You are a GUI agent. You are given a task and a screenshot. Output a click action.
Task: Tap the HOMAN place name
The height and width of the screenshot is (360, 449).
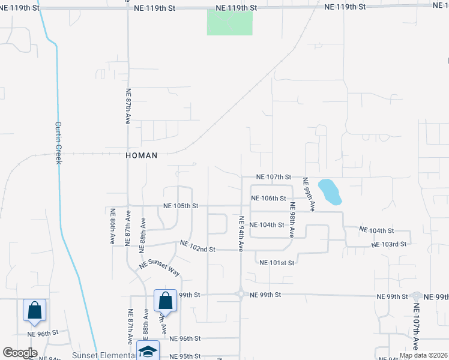[142, 155]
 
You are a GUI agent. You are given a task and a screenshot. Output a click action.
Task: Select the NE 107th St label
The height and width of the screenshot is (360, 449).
[273, 178]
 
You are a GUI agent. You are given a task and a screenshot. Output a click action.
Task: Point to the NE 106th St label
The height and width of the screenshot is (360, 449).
[268, 198]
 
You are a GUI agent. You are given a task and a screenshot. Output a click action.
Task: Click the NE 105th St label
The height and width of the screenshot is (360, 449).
[181, 206]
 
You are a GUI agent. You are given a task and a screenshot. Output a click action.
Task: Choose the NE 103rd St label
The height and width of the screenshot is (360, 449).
[389, 244]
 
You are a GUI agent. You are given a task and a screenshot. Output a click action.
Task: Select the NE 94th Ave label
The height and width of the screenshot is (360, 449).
[241, 234]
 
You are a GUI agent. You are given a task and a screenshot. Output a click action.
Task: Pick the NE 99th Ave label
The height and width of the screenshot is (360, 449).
[309, 194]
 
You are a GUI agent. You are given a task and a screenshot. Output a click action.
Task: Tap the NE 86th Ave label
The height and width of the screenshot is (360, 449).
[112, 227]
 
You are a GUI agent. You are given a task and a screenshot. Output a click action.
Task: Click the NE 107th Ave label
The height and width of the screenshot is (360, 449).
[416, 327]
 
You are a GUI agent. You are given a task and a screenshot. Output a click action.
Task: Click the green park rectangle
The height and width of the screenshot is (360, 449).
[229, 22]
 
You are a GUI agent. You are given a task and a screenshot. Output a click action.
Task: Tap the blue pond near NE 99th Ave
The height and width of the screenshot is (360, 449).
[329, 191]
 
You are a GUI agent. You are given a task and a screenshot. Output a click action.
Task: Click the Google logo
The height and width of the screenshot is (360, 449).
[20, 353]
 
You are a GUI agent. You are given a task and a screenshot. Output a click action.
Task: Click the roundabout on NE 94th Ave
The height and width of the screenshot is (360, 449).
[241, 295]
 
